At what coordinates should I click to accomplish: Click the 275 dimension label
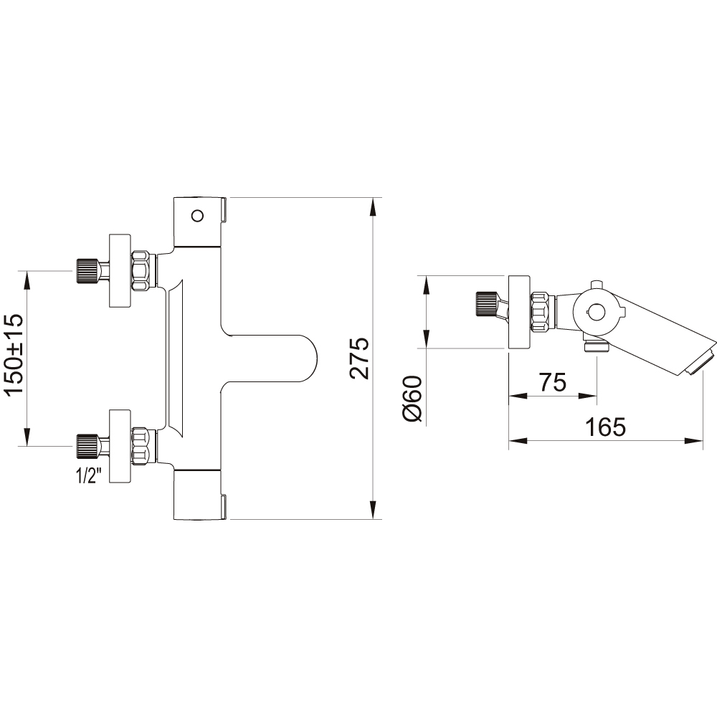359,358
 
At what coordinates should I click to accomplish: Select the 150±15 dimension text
14,354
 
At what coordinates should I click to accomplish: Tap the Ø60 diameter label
412,399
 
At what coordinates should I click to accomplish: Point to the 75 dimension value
553,382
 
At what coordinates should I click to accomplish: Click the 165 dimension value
605,427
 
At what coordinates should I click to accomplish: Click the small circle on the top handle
198,216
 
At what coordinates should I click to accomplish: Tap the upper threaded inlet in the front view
87,271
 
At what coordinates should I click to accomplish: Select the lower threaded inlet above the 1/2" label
87,446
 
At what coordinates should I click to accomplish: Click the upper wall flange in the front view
120,271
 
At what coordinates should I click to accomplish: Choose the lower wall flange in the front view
120,446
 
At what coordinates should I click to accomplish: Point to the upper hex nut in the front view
141,271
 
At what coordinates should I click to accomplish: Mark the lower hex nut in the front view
141,446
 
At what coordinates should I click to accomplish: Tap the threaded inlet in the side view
487,303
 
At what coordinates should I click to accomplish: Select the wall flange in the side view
519,313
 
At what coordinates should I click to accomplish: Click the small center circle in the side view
595,313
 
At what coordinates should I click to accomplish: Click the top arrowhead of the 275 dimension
373,206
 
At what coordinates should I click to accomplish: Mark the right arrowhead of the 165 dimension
693,440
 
